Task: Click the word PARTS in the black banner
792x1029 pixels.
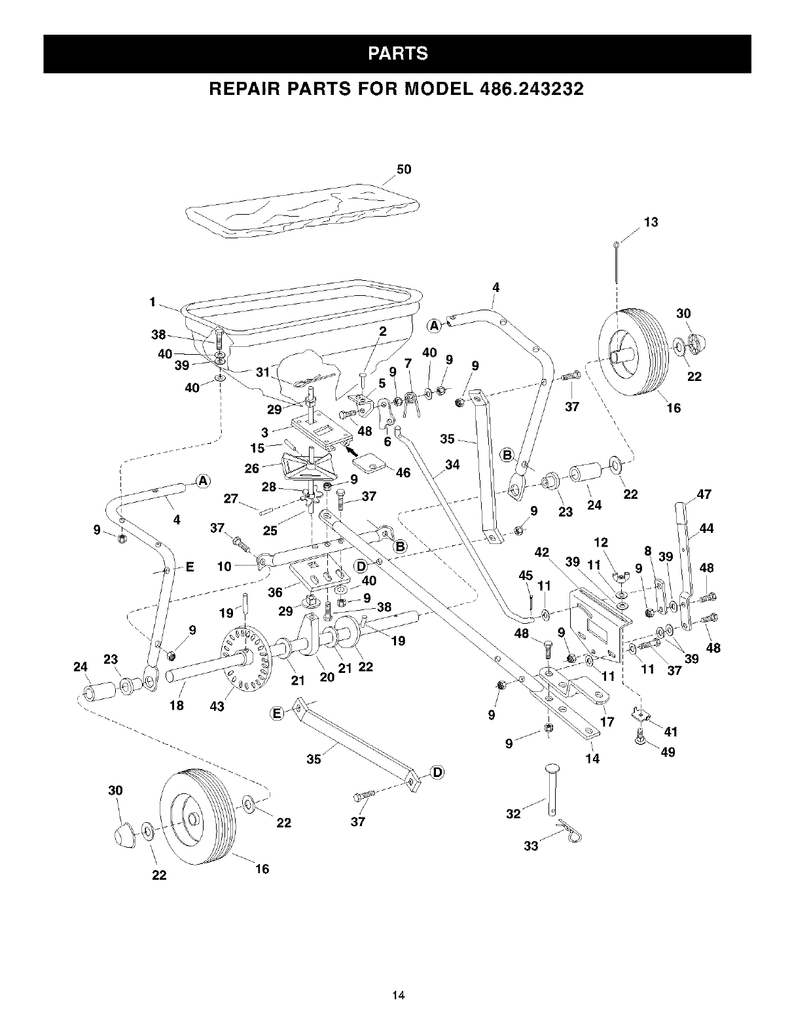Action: [x=397, y=53]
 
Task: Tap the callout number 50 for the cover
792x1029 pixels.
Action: [x=404, y=170]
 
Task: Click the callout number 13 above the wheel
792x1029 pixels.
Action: [x=651, y=222]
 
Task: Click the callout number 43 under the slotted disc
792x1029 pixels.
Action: [x=217, y=706]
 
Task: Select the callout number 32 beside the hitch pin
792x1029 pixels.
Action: [x=514, y=814]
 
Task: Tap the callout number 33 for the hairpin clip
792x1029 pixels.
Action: [x=531, y=846]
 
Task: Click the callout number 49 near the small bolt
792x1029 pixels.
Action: [x=668, y=752]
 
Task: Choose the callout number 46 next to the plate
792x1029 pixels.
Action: [x=403, y=472]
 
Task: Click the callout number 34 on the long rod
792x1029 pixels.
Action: [x=452, y=465]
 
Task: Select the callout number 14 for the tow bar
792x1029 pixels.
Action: [x=593, y=759]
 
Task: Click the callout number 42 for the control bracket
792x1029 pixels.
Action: [x=541, y=552]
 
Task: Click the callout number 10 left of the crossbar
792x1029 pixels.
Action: [x=225, y=566]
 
